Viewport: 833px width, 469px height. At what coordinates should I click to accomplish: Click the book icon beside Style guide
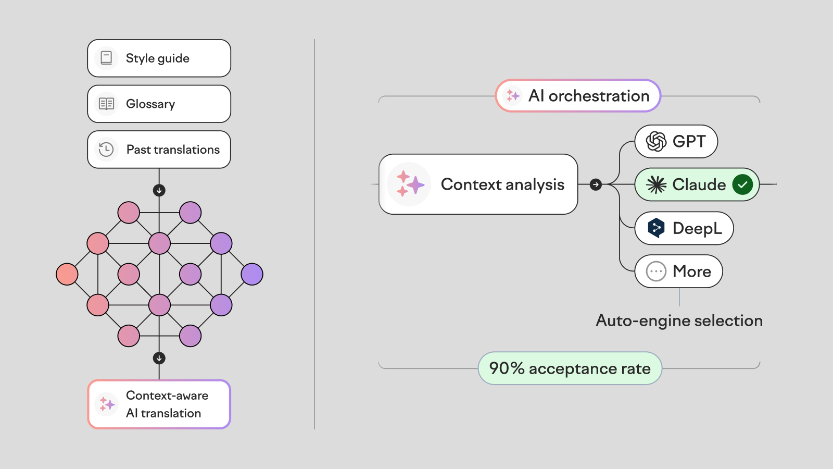pos(106,58)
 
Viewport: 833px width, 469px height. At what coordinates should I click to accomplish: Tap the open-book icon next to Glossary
pos(106,104)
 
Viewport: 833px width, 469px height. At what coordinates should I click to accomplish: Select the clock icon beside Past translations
pos(106,150)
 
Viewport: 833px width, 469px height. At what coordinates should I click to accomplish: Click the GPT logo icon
pos(656,141)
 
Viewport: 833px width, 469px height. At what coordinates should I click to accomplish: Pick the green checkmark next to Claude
pos(742,184)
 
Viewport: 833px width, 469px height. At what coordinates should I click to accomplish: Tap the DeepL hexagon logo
pos(656,228)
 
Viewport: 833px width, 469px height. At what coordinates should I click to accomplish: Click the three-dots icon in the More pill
pos(656,271)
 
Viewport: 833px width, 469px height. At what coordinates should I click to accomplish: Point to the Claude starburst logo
pos(656,184)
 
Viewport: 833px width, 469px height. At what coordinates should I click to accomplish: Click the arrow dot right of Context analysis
pos(596,184)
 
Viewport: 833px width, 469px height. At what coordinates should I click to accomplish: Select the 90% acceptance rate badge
pos(570,368)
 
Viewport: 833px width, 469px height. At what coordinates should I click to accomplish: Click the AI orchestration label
pos(588,96)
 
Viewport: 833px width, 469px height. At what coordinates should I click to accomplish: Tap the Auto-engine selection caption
pos(679,320)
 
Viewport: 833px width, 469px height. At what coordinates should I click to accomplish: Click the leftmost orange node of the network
pos(67,274)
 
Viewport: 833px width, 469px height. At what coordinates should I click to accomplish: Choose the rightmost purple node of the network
pos(252,274)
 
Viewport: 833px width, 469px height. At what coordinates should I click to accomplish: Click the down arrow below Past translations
pos(159,190)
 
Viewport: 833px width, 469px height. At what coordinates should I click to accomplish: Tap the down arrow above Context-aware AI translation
pos(159,358)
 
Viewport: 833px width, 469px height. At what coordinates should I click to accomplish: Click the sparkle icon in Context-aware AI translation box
pos(107,404)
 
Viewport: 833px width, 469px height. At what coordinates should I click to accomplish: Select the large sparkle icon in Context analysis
pos(409,184)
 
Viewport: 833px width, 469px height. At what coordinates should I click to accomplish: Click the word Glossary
pos(150,104)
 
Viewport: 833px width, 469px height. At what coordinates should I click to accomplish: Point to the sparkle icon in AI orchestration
pos(513,95)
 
